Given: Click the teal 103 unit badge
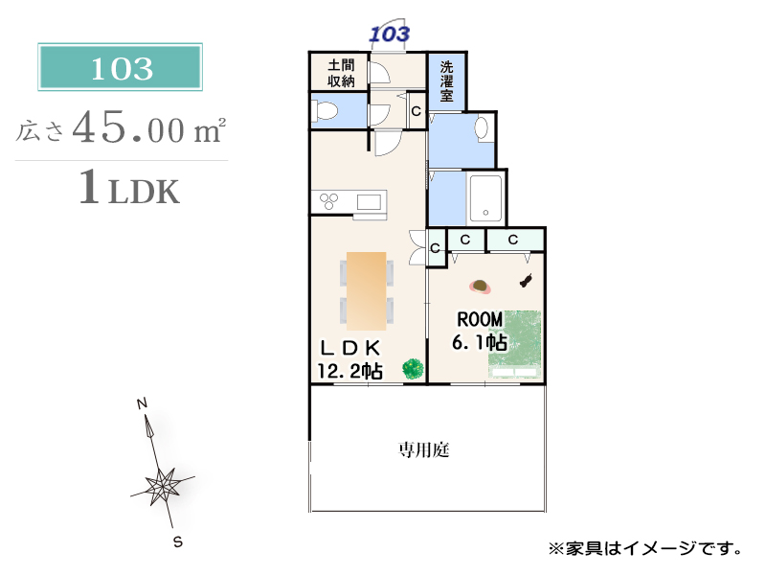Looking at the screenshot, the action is click(121, 67).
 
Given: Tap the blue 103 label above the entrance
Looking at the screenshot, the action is click(390, 34).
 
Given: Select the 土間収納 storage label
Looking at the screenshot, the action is click(341, 73).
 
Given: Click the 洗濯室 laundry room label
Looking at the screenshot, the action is click(446, 80).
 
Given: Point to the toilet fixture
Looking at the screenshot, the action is click(325, 110).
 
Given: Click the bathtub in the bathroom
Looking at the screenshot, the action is click(485, 198).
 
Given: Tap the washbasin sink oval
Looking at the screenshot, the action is click(482, 128).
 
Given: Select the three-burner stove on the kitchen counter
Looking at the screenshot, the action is click(328, 201).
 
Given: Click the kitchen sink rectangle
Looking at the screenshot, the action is click(369, 201).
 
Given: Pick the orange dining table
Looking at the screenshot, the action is click(367, 291).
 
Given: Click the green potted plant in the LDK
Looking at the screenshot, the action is click(414, 369).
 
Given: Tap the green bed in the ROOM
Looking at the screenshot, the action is click(515, 344).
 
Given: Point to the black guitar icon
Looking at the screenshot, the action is click(526, 280).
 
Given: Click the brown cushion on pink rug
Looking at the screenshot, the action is click(480, 287).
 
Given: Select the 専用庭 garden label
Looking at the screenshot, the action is click(423, 449).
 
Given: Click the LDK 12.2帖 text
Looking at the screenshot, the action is click(349, 360).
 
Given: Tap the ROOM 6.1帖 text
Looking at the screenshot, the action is click(480, 331).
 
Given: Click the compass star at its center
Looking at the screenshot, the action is click(161, 486).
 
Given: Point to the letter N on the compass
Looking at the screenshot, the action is click(142, 403).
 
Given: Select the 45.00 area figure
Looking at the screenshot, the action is click(128, 128).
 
